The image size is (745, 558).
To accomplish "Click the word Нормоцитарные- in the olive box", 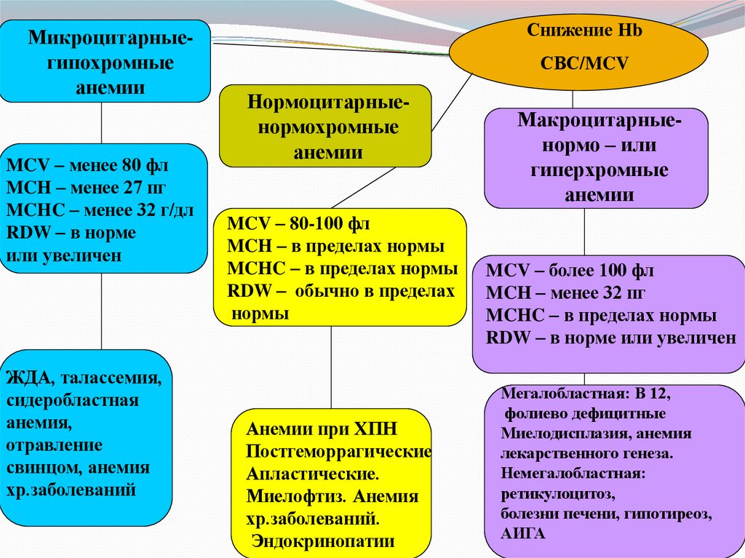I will coord(327,101).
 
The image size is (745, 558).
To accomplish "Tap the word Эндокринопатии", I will coord(323,541).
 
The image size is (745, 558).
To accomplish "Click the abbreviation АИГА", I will coord(522,532).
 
